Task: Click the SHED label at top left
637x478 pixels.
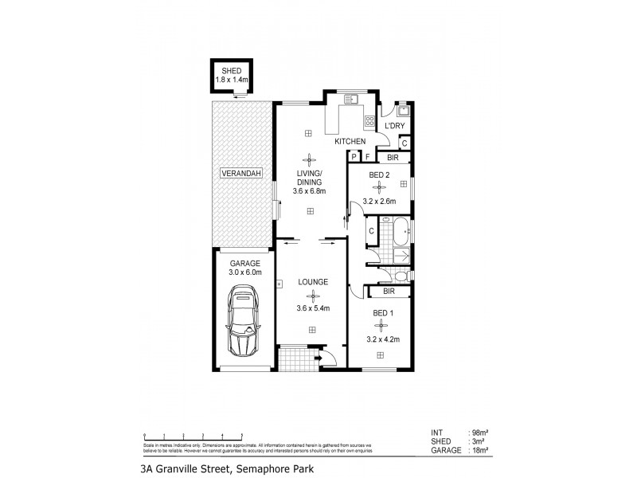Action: (x=231, y=71)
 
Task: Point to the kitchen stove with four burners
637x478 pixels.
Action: (x=369, y=122)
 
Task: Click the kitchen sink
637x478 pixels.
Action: (x=351, y=101)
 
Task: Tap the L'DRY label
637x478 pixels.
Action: (x=395, y=127)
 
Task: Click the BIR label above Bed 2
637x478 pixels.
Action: (x=392, y=158)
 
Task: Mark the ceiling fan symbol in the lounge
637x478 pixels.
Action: (x=311, y=296)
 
